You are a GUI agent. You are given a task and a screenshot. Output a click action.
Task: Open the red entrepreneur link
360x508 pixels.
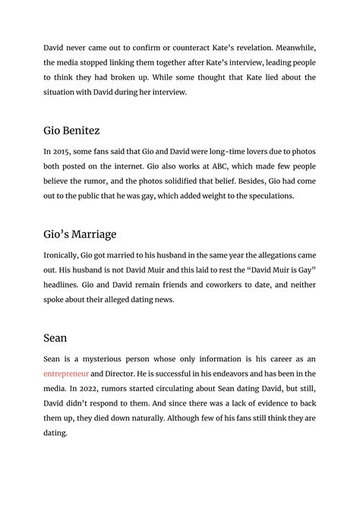66,374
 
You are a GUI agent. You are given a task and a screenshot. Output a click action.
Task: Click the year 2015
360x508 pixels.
65,152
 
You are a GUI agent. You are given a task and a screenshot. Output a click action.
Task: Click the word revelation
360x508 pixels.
265,48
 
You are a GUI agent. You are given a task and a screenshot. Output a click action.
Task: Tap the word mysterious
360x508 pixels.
105,359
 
